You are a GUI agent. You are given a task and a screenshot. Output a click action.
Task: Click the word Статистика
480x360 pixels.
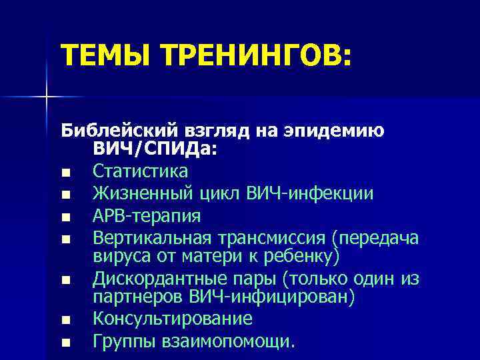pyautogui.click(x=140, y=171)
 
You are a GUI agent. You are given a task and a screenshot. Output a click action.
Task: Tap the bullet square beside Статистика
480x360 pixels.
pyautogui.click(x=64, y=173)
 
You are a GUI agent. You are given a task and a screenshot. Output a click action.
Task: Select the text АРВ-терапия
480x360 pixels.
pyautogui.click(x=147, y=216)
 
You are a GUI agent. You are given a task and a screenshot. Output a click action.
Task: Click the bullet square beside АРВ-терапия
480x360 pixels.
pyautogui.click(x=64, y=217)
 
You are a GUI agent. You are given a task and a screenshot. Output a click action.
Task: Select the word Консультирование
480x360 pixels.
pyautogui.click(x=173, y=319)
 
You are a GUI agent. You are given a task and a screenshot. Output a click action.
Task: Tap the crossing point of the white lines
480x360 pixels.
pyautogui.click(x=46, y=97)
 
